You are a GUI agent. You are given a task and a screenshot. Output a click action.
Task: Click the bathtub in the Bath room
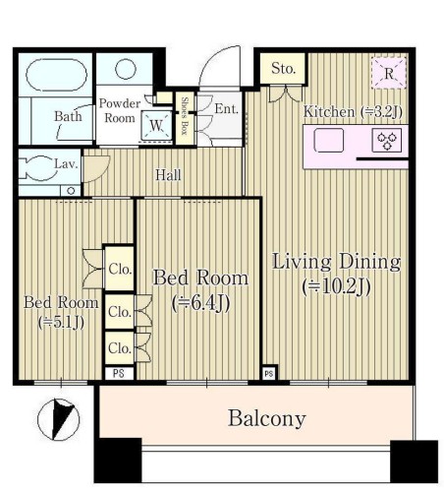[x=56, y=75]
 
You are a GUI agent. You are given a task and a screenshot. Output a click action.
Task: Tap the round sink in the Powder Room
[x=126, y=69]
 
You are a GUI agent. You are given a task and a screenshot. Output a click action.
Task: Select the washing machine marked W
[x=156, y=125]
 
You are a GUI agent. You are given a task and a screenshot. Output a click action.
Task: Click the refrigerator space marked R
[x=389, y=73]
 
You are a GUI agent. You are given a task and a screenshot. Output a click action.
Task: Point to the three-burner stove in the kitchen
[x=387, y=140]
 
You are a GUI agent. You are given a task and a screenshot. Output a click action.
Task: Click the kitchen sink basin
[x=329, y=140]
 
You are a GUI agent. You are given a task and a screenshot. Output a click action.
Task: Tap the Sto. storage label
[x=283, y=69]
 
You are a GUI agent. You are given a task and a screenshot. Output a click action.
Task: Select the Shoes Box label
[x=185, y=116]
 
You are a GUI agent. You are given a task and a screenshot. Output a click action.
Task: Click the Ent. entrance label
[x=226, y=108]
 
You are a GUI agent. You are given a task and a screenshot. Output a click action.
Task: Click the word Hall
[x=168, y=175]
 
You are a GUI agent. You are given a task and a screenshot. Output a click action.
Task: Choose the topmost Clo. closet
[x=120, y=268]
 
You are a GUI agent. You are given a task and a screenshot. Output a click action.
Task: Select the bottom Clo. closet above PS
[x=120, y=347]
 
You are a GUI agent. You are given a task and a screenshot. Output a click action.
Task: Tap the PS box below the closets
[x=119, y=373]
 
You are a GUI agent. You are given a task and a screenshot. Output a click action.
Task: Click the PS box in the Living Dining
[x=269, y=374]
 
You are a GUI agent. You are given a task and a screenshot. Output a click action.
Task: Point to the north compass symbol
[x=58, y=419]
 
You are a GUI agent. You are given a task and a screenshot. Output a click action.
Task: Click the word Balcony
[x=267, y=418]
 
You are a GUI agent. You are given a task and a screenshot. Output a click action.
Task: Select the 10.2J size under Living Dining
[x=337, y=287]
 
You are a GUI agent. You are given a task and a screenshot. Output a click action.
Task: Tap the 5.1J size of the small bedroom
[x=61, y=323]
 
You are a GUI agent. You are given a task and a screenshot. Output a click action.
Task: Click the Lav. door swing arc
[x=104, y=172]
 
